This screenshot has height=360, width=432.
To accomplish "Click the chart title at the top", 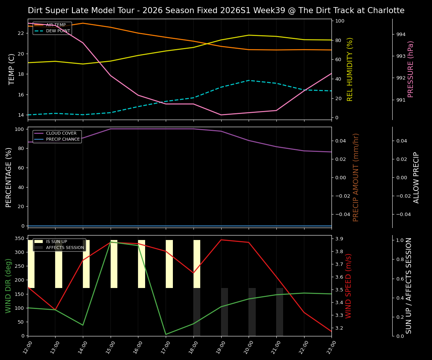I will (216, 10).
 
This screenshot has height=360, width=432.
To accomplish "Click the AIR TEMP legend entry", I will (56, 25).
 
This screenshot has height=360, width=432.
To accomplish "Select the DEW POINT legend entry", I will (58, 31).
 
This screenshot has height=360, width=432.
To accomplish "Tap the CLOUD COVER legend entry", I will (61, 133).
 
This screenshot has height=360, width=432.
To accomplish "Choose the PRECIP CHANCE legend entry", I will (63, 139).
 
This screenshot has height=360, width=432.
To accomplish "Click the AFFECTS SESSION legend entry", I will (65, 247).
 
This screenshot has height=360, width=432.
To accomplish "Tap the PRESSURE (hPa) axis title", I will (411, 69).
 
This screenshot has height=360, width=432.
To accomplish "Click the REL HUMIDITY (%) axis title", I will (350, 69).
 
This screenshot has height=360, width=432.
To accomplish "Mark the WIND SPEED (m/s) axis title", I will (348, 286).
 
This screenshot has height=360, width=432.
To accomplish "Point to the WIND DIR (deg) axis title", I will (8, 286).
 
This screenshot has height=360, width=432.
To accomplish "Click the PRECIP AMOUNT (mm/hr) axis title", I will (356, 177).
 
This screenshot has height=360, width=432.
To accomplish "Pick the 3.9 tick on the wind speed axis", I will (340, 239).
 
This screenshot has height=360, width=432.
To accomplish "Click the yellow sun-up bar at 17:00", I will (169, 264).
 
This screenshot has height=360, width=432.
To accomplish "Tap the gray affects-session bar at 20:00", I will (252, 312).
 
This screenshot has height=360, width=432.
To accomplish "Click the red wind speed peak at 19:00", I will (221, 240).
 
